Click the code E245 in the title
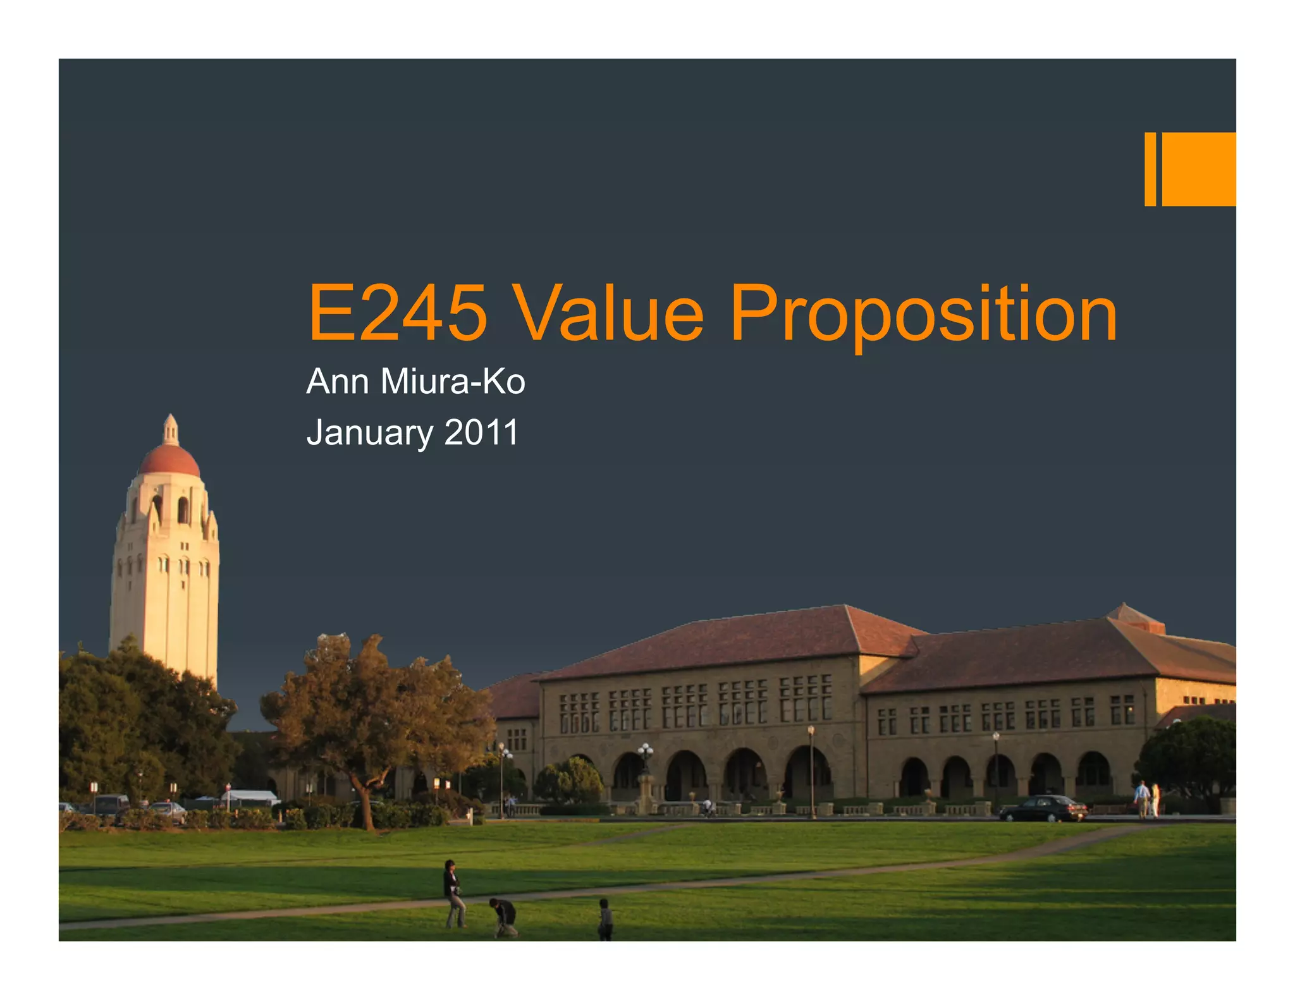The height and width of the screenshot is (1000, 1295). (x=397, y=313)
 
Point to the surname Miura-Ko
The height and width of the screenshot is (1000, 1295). (x=453, y=382)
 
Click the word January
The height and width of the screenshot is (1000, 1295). (x=370, y=434)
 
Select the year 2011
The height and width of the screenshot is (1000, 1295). (x=481, y=433)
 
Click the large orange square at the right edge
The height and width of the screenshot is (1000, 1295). (x=1199, y=169)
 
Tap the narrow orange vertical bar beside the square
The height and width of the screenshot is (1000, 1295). (x=1150, y=169)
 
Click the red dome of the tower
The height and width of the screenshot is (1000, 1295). (x=169, y=461)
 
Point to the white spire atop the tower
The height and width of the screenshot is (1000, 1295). (x=170, y=429)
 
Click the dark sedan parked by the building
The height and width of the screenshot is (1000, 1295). (x=1043, y=808)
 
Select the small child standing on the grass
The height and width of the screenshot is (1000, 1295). (x=605, y=919)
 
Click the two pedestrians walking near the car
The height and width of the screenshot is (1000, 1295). (x=1148, y=799)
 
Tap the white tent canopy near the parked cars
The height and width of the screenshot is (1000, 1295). (x=252, y=796)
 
